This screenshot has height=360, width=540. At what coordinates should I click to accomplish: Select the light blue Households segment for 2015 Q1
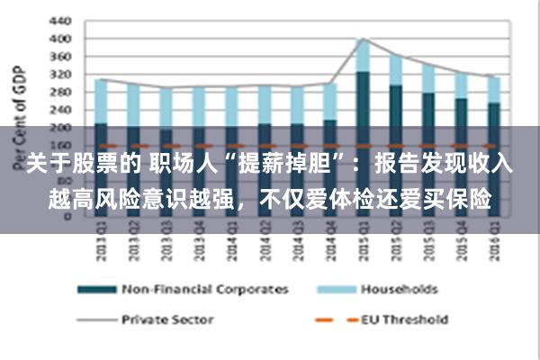(362, 55)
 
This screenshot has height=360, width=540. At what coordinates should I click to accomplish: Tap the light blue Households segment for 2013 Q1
(101, 101)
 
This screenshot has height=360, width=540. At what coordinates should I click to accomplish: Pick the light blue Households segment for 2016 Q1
(492, 89)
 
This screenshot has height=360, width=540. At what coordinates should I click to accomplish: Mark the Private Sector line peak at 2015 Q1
(362, 39)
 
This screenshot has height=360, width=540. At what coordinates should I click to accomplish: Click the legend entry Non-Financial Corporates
(204, 289)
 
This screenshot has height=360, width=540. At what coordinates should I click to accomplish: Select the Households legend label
(399, 289)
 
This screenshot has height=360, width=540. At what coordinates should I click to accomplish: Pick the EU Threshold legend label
(404, 318)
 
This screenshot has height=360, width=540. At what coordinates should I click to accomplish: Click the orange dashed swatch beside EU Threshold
(329, 319)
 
